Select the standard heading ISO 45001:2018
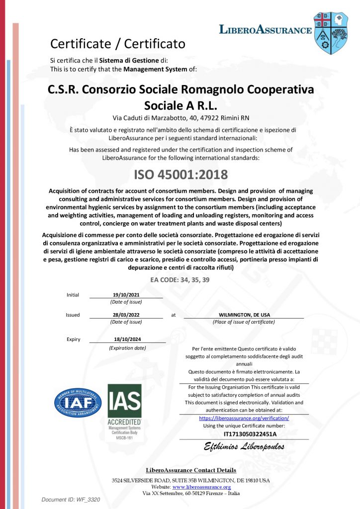[x=180, y=175]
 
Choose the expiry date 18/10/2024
[x=127, y=339]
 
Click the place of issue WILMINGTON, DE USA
[x=244, y=315]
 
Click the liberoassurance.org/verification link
[x=244, y=419]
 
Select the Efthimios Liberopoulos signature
[x=244, y=447]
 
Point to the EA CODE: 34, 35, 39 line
[x=180, y=280]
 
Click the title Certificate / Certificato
[x=118, y=44]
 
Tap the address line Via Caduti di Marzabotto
[x=181, y=118]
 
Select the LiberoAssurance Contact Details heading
[x=191, y=470]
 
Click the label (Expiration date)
[x=127, y=348]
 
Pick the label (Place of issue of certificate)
[x=244, y=322]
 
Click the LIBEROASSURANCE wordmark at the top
[x=266, y=30]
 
